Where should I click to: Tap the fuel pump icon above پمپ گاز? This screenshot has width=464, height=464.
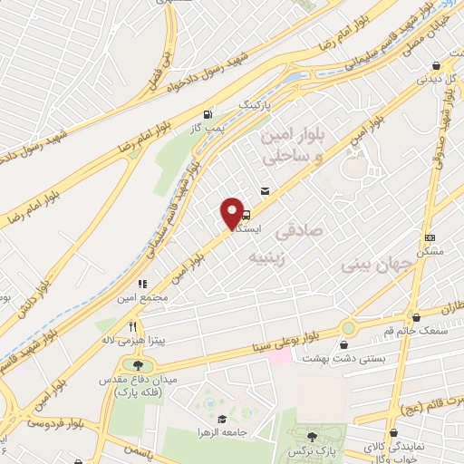[210, 115]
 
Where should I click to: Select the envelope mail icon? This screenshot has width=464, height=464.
[265, 191]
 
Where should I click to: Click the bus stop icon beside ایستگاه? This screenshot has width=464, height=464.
[246, 216]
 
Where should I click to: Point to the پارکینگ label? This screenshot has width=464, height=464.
[255, 107]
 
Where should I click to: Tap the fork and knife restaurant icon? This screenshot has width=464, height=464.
[133, 326]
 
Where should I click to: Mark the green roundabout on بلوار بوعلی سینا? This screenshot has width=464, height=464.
[348, 327]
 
